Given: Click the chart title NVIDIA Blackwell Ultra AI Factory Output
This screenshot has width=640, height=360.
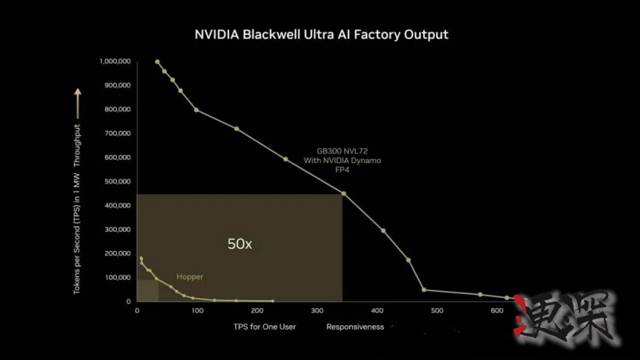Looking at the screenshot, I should coord(321,34).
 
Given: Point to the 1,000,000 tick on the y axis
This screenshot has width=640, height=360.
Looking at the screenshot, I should coord(114,62).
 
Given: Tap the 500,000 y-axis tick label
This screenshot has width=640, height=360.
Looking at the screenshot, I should coord(116,181).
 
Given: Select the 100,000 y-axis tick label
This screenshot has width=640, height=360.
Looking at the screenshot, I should coord(116,277).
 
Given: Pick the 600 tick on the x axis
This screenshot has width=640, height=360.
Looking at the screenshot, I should coord(436,311).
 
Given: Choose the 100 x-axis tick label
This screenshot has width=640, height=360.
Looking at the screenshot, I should coord(197,311).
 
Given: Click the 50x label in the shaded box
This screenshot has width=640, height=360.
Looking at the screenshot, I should coord(240,243).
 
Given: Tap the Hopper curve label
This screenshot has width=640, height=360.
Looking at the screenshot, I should coord(190,277).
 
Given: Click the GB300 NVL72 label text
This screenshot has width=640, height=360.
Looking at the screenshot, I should coord(342,152).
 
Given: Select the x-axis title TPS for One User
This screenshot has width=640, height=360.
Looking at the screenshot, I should coord(265,327).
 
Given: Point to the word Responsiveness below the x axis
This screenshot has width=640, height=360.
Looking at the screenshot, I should coord(355,327).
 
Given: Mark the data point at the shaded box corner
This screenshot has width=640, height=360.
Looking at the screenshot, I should coord(343,194).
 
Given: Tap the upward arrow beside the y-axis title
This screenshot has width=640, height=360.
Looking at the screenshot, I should coord(78,104).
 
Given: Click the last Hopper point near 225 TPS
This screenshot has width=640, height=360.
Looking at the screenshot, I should coord(272,301).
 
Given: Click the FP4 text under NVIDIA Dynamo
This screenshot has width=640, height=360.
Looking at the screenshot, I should coord(342,170).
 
